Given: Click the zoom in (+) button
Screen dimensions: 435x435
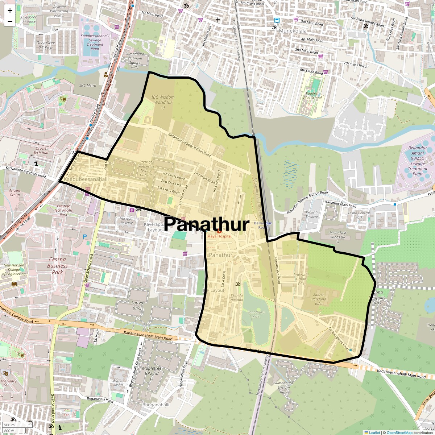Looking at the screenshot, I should click(x=10, y=11).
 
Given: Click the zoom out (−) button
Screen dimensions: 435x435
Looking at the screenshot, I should click(x=10, y=21).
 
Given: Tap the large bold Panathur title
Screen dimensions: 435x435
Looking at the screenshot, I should click(x=207, y=224).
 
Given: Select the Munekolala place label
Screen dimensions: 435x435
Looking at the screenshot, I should click(x=293, y=31).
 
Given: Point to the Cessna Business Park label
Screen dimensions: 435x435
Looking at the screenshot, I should click(x=57, y=266).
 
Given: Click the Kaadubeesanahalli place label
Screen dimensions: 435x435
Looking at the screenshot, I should click(x=86, y=179).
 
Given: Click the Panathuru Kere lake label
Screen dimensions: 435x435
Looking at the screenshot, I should click(x=256, y=314).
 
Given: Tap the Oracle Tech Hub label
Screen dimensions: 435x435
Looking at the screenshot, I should click(x=41, y=150).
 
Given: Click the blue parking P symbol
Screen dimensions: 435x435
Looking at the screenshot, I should click(x=85, y=237).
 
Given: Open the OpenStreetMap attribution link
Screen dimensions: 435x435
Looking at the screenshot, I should click(x=399, y=432).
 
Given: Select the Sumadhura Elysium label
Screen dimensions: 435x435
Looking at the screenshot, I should click(x=283, y=387).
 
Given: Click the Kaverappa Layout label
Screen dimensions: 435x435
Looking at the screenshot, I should click(x=155, y=227).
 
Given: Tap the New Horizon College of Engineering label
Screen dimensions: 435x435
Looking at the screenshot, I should click(x=14, y=270).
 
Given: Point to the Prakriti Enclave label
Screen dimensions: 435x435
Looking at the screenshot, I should click(x=312, y=214).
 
